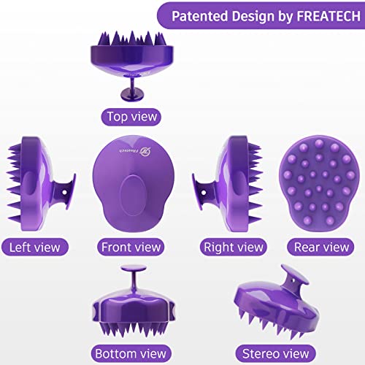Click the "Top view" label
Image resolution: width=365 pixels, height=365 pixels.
pos(131,115)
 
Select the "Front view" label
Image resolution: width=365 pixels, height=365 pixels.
pos(131,247)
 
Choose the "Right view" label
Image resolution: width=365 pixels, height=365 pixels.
pos(233,247)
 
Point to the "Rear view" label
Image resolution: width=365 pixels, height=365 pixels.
pos(322,247)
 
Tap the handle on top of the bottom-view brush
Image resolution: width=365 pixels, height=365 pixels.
pos(132,276)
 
